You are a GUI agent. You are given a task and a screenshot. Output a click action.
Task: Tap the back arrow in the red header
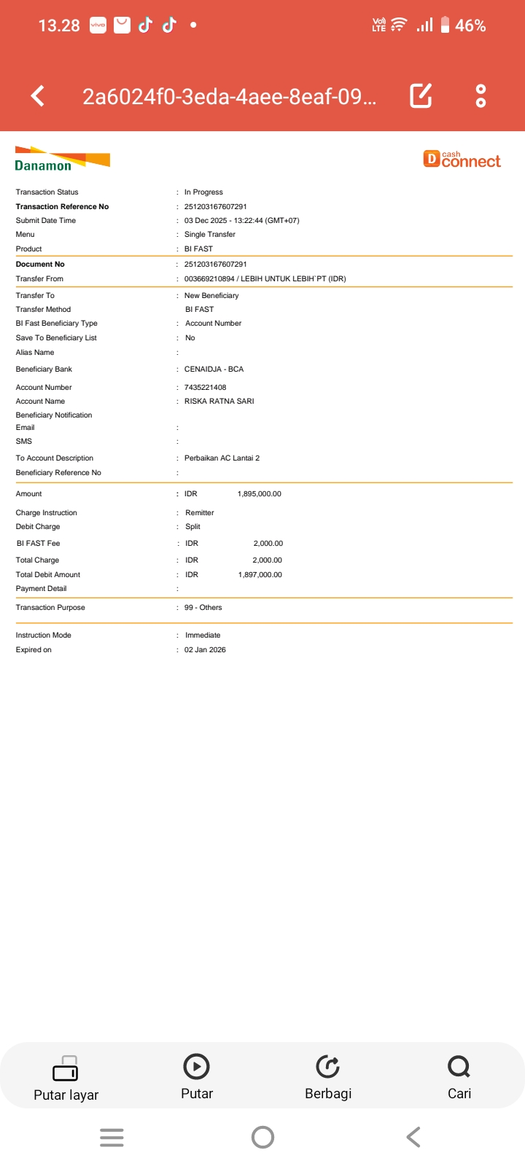click(x=38, y=95)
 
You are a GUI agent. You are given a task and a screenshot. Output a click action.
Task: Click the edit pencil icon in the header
click(x=421, y=95)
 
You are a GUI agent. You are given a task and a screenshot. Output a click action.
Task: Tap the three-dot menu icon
click(x=481, y=95)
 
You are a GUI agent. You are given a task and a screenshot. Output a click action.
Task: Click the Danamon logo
click(x=62, y=159)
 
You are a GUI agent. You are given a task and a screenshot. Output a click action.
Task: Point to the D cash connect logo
click(x=462, y=159)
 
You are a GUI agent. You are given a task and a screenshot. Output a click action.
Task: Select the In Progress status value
click(x=203, y=192)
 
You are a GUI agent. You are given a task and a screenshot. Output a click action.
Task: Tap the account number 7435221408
click(x=205, y=388)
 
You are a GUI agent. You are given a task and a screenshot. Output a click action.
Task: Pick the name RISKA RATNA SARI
click(x=219, y=402)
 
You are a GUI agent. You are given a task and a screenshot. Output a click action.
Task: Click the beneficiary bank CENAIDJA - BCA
click(x=214, y=369)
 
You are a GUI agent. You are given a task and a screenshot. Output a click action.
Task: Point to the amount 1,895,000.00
click(x=259, y=494)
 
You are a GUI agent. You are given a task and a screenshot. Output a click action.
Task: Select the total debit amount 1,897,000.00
click(x=260, y=575)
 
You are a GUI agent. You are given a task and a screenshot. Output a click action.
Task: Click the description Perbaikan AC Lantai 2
click(x=222, y=458)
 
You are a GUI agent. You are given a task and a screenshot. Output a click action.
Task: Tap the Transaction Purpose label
click(x=50, y=608)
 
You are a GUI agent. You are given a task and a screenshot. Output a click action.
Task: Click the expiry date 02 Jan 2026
click(x=205, y=650)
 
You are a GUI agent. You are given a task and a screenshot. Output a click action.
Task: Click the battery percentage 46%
click(x=470, y=26)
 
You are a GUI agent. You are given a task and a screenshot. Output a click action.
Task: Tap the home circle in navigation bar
click(x=262, y=1137)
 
